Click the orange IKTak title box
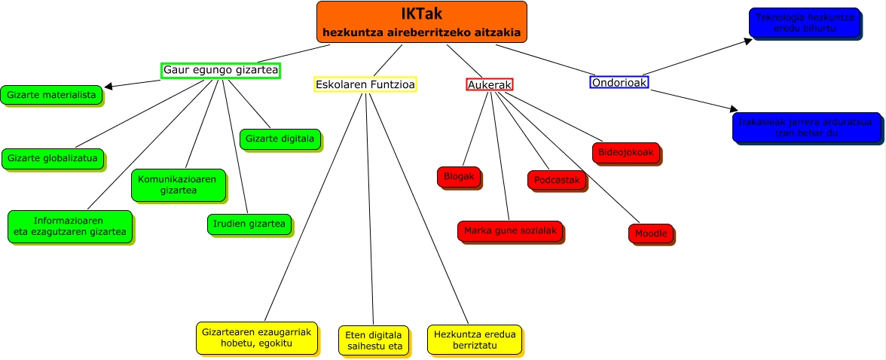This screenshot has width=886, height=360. (x=421, y=22)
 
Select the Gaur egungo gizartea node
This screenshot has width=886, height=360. (x=221, y=71)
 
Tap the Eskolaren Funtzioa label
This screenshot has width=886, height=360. (x=365, y=84)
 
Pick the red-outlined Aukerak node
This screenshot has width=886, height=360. (x=490, y=85)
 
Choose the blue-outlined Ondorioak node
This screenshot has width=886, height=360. (x=619, y=82)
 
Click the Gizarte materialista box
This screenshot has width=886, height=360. (x=51, y=95)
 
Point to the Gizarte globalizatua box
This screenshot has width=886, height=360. (x=52, y=158)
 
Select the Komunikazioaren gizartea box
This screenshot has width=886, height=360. (x=179, y=185)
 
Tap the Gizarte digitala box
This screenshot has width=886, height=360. (x=280, y=139)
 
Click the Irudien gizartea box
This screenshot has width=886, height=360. (x=249, y=224)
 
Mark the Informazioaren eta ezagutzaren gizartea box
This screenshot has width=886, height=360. (x=70, y=226)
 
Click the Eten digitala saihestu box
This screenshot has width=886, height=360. (x=374, y=340)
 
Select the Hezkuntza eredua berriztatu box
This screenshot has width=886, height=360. (x=475, y=339)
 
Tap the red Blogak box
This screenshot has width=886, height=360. (x=459, y=176)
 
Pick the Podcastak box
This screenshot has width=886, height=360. (x=557, y=180)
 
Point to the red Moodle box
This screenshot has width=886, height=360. (x=651, y=233)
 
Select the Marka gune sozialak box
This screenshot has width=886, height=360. (x=510, y=230)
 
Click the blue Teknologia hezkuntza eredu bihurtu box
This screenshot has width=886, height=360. (x=804, y=23)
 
